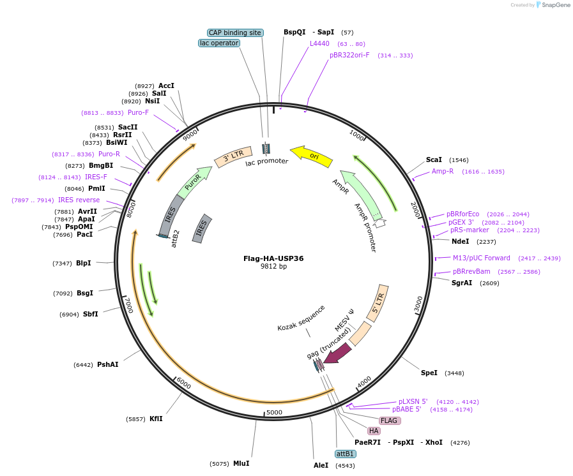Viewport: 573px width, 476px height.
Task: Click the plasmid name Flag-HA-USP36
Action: click(x=273, y=258)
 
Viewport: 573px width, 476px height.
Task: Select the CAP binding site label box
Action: click(x=235, y=33)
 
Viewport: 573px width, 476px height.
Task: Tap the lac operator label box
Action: click(x=219, y=43)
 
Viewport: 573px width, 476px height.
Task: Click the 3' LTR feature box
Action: click(x=229, y=157)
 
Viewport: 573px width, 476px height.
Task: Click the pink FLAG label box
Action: click(x=389, y=420)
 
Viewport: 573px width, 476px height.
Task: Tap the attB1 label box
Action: click(x=345, y=454)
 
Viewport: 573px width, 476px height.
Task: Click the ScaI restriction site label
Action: click(x=434, y=160)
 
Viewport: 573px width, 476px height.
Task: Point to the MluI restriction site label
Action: click(x=241, y=463)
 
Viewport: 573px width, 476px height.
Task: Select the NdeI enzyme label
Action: click(x=460, y=241)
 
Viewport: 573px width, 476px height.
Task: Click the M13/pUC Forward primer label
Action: click(x=482, y=258)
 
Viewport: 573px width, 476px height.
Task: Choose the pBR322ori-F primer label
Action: click(x=349, y=55)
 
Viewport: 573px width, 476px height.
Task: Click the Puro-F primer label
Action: click(x=138, y=112)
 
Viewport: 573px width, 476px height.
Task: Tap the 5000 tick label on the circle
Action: click(x=274, y=412)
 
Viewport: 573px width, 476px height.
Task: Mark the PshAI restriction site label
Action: click(x=107, y=364)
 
